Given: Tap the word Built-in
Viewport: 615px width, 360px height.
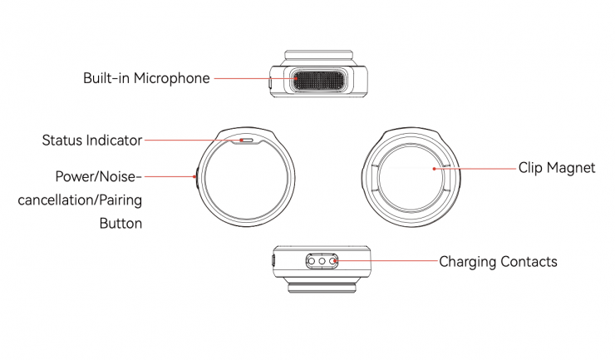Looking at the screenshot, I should [x=104, y=79].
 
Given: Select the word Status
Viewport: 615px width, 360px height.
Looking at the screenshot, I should [x=63, y=140].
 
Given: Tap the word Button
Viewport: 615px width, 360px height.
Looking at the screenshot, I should [x=121, y=223].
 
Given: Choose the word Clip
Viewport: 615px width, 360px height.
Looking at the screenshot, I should [x=532, y=167].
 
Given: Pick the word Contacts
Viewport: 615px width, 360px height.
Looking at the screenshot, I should [x=529, y=261].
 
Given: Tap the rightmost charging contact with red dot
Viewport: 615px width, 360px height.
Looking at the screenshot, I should [x=334, y=261].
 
